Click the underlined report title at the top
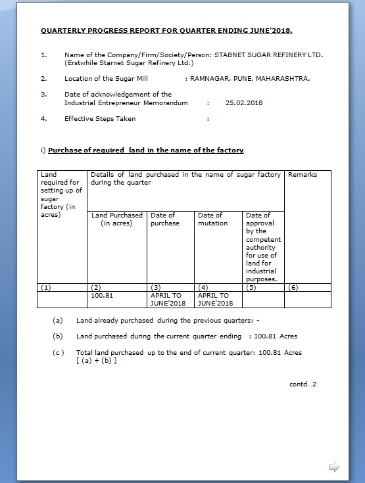(x=166, y=31)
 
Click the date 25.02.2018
(x=244, y=103)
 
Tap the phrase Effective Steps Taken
(x=99, y=119)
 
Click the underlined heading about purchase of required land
(x=146, y=150)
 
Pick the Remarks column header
(x=303, y=175)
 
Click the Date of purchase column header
(x=164, y=219)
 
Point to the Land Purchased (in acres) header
(x=117, y=219)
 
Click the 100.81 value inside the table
(x=102, y=296)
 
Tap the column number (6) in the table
(x=293, y=287)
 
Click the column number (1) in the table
(x=45, y=287)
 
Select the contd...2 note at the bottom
(x=303, y=384)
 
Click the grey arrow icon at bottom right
(x=333, y=467)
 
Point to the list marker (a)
(x=59, y=321)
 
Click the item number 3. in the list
(x=43, y=95)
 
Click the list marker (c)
(x=59, y=352)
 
